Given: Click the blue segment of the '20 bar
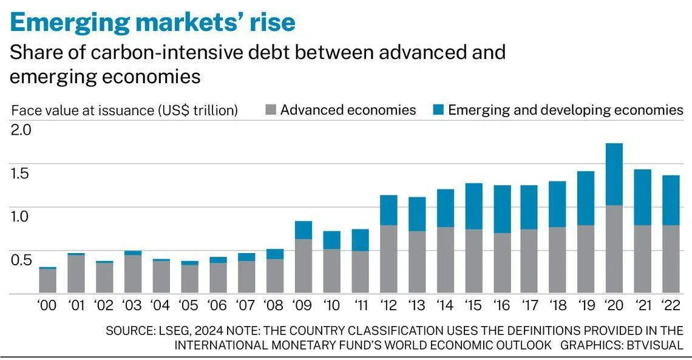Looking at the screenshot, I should [614, 174].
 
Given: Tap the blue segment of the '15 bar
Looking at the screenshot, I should [473, 206].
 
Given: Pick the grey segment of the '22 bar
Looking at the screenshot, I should [671, 259].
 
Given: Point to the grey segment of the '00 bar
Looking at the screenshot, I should [47, 281].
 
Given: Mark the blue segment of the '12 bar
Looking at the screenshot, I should [388, 210].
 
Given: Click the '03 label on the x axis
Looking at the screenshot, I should [132, 305].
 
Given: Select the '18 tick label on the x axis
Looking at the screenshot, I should [557, 305].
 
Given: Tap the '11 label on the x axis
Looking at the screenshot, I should [359, 305].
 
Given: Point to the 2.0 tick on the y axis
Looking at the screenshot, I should [22, 130].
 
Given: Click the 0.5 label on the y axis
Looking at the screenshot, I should [22, 260].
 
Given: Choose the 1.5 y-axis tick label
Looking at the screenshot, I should [22, 174].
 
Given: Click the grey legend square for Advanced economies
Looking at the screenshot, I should [271, 110].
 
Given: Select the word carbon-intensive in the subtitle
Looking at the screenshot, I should [149, 52].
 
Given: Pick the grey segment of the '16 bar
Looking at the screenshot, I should [501, 263].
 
